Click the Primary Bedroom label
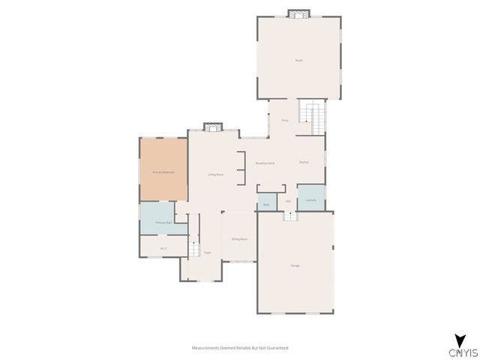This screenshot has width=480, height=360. pos(163,172)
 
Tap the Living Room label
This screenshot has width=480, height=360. pos(216,175)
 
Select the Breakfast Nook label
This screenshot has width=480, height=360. pos(264,163)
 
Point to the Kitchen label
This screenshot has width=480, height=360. pos(304,163)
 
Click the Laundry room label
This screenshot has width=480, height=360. pos(310,200)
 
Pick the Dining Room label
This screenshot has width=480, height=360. pos(239,238)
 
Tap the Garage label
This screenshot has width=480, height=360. pos(295,265)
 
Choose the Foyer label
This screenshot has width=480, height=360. pos(207,253)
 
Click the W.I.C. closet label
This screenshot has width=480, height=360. pos(163,248)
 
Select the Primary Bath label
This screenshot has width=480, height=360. pos(163,223)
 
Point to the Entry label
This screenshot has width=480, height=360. pos(285,120)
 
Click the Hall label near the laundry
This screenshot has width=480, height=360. pos(288,201)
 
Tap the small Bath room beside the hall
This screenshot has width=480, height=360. pos(266,204)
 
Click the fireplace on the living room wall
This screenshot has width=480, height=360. pos(213,127)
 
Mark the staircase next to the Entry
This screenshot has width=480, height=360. pos(311,114)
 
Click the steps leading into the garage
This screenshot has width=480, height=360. pos(290,215)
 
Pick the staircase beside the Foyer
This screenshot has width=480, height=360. pos(193,249)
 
